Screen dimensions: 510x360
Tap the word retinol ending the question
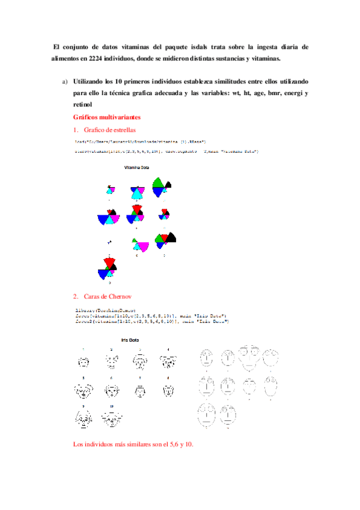[x=84, y=105]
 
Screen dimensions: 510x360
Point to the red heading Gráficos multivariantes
[x=107, y=117]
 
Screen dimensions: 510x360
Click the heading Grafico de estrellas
[x=110, y=129]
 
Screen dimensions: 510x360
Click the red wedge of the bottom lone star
[x=109, y=262]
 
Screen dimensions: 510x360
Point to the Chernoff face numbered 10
[x=112, y=419]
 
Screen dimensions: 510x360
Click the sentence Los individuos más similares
[x=133, y=444]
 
